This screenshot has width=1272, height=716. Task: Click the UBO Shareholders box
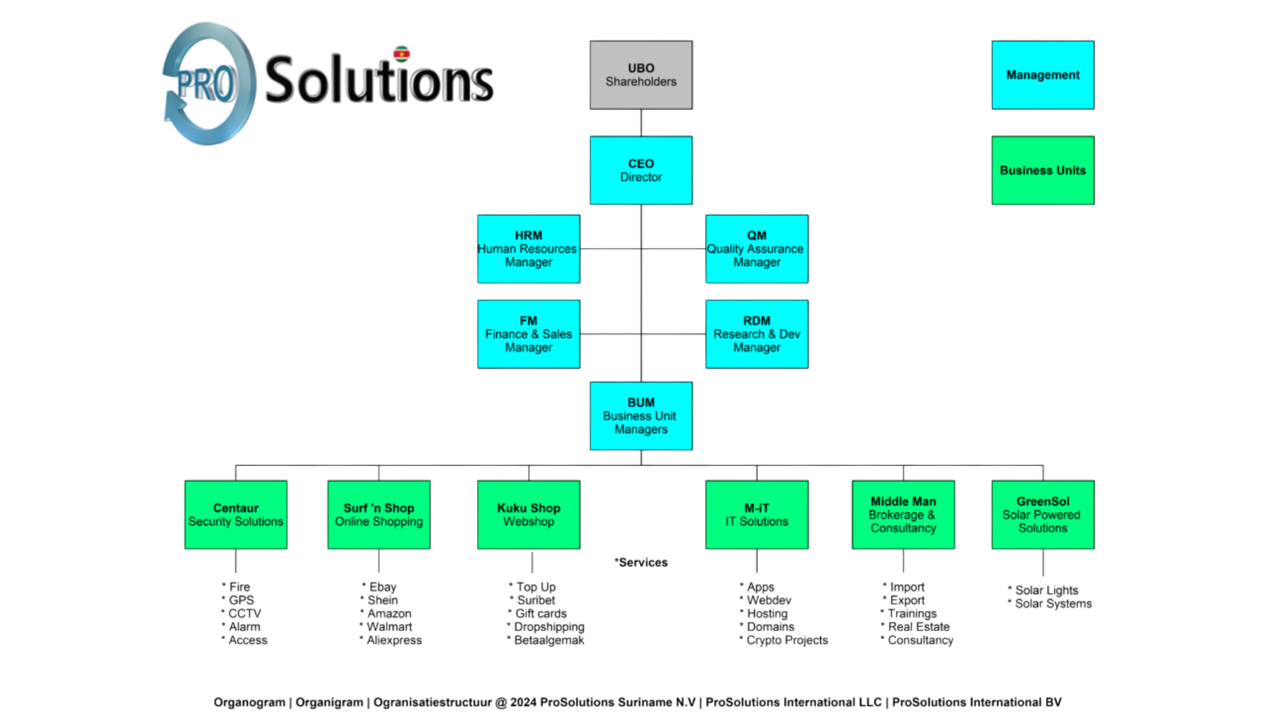[x=641, y=75]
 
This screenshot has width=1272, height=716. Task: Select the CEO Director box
[x=641, y=170]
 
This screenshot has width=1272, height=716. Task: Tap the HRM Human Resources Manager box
[x=528, y=249]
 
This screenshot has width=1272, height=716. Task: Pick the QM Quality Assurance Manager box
[x=757, y=249]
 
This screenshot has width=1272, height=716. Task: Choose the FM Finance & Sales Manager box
[x=528, y=334]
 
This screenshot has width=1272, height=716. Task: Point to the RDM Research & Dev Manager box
[x=757, y=334]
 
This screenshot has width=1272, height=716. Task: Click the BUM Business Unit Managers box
[x=641, y=416]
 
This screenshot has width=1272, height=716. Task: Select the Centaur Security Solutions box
[x=236, y=514]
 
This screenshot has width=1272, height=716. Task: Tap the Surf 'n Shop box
[x=378, y=514]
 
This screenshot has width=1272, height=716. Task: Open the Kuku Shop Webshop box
[x=528, y=514]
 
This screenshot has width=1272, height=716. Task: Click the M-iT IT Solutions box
[x=757, y=514]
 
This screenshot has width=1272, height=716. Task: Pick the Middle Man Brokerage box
[x=903, y=514]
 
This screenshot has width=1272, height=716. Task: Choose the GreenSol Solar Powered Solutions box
[x=1043, y=514]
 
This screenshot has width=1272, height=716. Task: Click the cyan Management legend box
[x=1043, y=75]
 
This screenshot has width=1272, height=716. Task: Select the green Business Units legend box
[x=1043, y=170]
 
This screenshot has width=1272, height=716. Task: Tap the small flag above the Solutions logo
[x=401, y=53]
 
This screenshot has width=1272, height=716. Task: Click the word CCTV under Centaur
[x=245, y=613]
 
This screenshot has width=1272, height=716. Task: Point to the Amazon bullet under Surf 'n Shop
[x=389, y=613]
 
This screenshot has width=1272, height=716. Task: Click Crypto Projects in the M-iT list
[x=786, y=640]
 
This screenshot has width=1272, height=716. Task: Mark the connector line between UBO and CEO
[x=641, y=123]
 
